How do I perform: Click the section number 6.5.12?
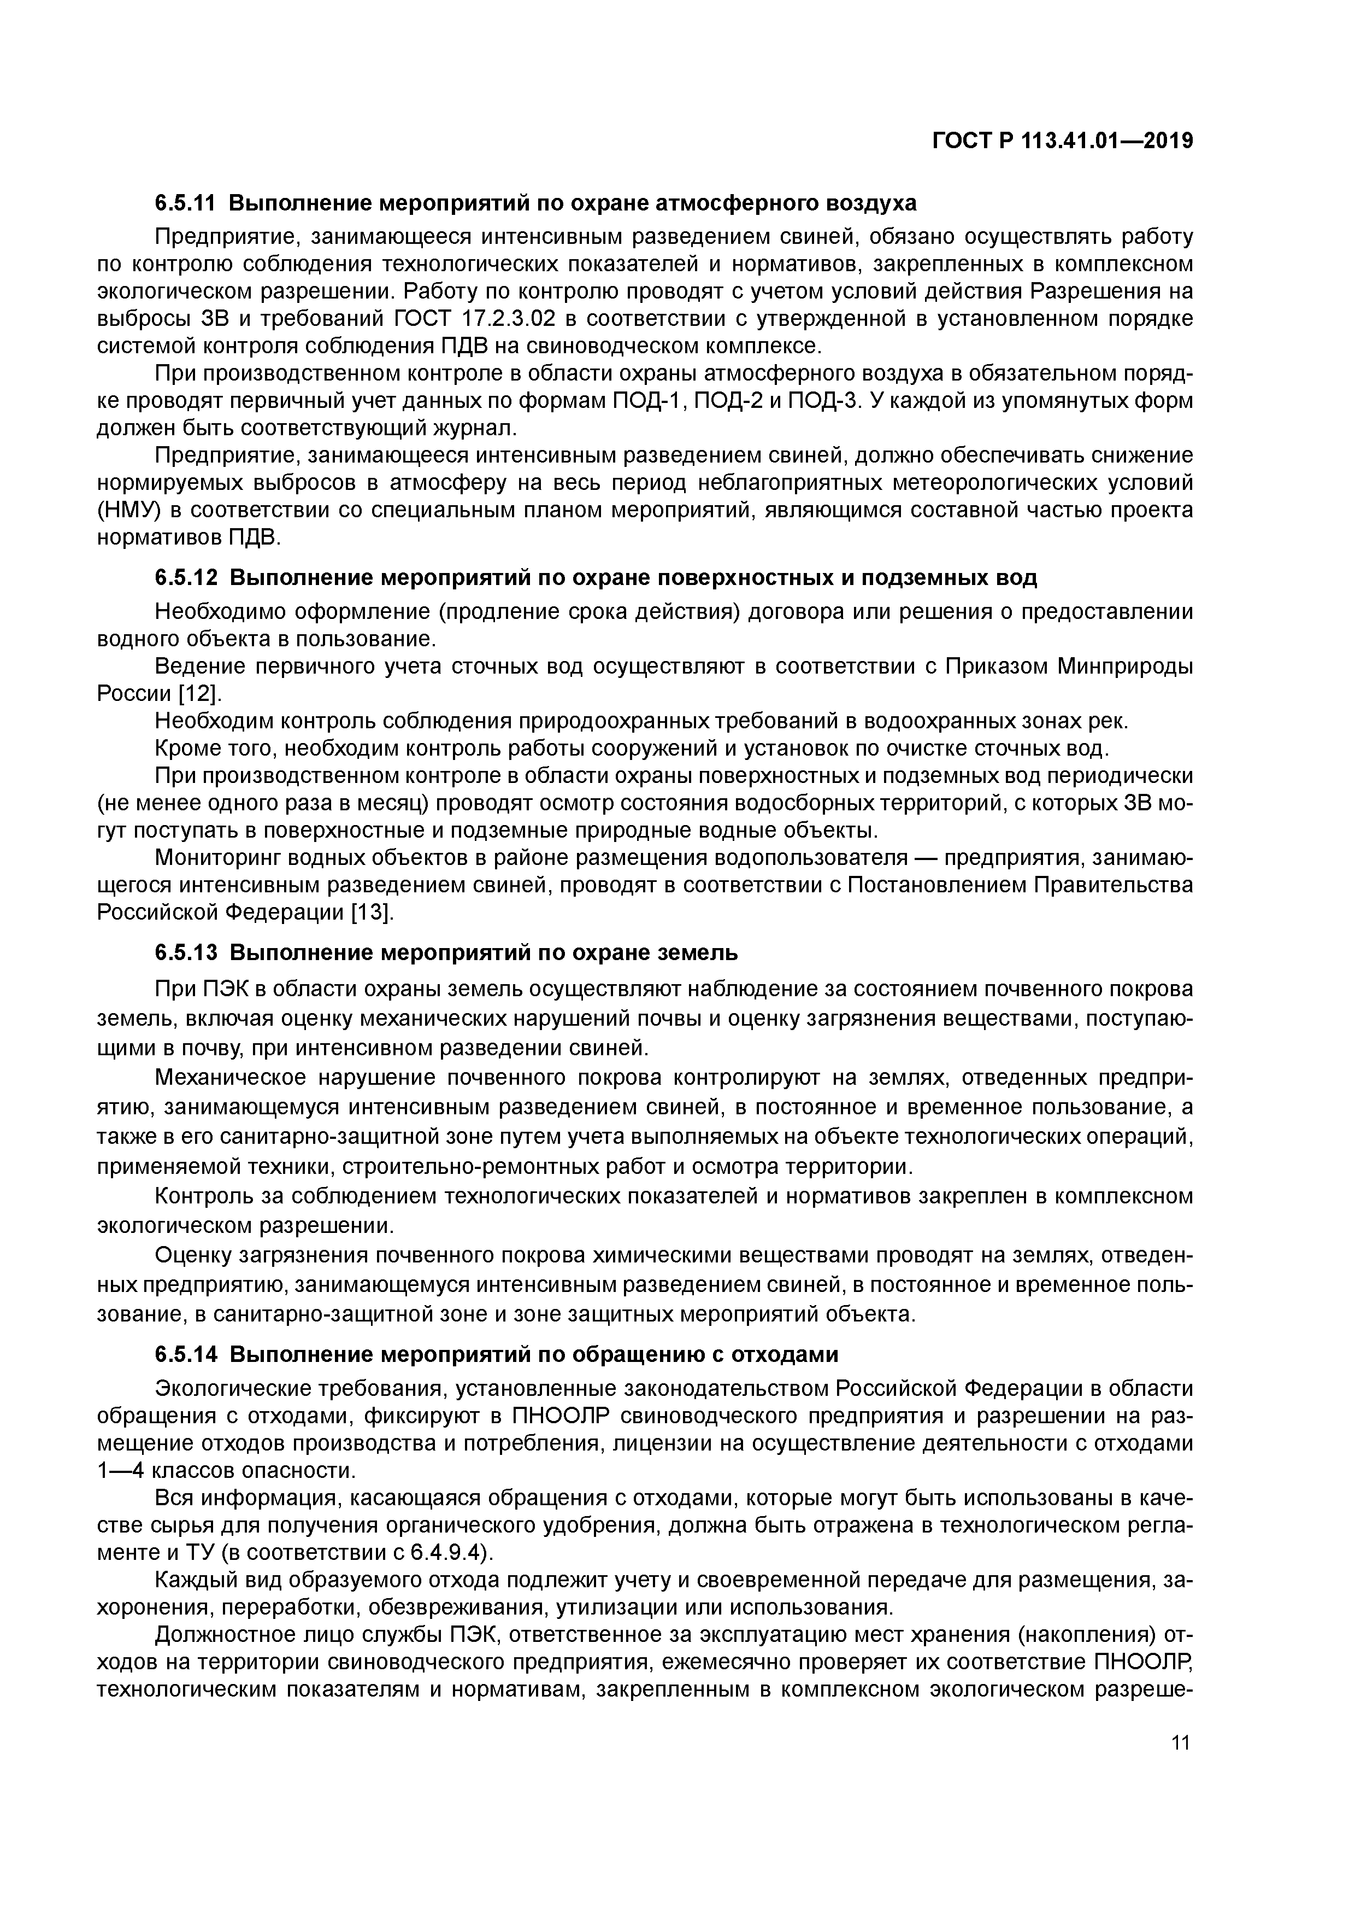(185, 577)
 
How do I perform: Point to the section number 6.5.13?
(185, 952)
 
